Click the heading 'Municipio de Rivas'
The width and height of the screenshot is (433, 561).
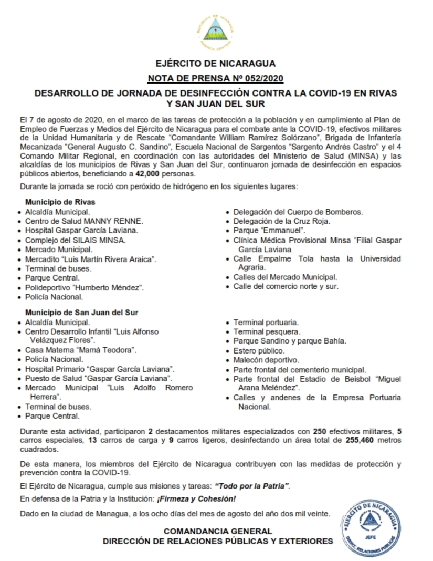60,202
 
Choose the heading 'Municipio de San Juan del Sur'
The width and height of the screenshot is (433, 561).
81,312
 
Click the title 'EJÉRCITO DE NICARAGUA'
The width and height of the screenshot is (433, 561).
216,64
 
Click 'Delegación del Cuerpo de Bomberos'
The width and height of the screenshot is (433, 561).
298,212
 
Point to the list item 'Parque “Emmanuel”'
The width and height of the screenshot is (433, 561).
270,231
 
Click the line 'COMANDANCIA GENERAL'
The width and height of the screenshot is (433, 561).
218,531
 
